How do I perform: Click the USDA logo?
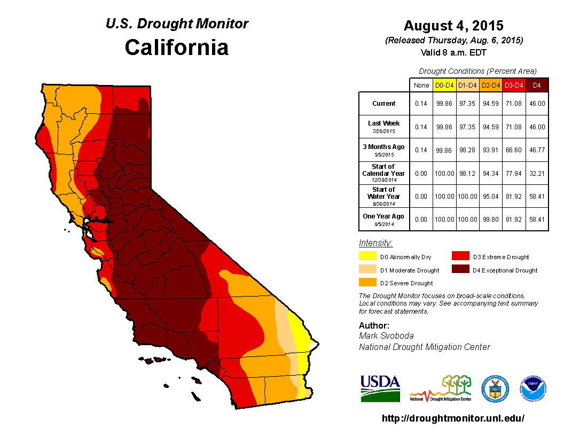(380, 388)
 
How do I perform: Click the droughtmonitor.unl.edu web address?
(453, 418)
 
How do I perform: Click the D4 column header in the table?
(537, 85)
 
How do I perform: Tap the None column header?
(421, 85)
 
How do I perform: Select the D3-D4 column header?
(514, 85)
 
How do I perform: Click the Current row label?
(384, 104)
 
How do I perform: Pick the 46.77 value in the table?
(537, 150)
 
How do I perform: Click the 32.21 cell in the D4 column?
(537, 173)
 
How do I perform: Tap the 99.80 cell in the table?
(490, 219)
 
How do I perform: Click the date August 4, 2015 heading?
(453, 26)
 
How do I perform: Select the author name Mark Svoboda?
(386, 336)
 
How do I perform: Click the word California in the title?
(177, 48)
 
